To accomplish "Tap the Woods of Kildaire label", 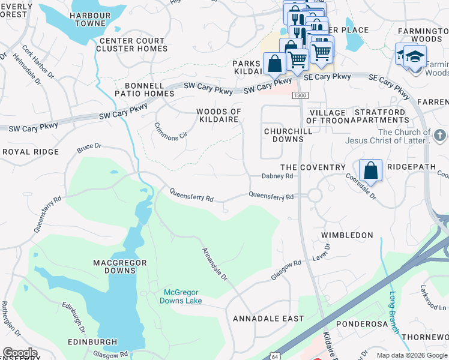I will point(219,116).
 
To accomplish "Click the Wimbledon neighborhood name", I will point(347,235).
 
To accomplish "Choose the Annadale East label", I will point(268,318).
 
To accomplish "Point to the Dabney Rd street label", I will point(277,176).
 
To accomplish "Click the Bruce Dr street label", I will point(89,146).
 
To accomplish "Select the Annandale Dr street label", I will point(215,265).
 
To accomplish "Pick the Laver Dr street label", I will point(321,253).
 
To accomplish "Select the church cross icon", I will point(440,134).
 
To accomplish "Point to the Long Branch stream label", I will point(394,313).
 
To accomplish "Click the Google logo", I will point(20,353).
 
